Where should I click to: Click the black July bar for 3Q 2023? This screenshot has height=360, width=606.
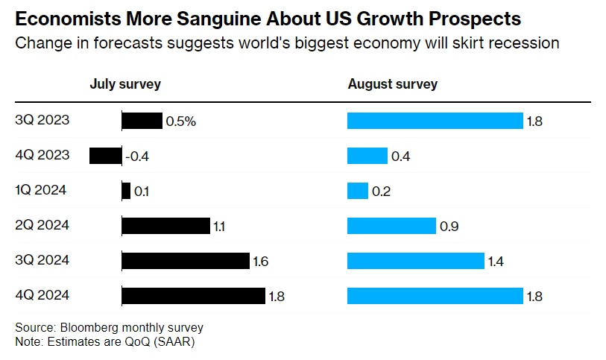click(142, 121)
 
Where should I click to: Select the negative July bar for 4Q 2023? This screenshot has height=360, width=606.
click(105, 156)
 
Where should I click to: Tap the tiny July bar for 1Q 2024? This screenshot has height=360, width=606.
click(126, 191)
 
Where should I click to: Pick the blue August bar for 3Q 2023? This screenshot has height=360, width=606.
click(435, 121)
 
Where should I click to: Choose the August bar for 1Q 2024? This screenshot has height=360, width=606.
click(358, 191)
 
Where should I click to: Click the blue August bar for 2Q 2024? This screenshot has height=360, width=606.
click(391, 226)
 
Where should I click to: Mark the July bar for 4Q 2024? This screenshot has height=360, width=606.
click(193, 296)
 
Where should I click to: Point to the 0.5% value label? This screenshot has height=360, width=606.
click(181, 121)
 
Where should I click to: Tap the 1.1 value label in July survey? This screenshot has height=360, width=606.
click(220, 227)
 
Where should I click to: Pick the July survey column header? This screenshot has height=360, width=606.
click(125, 84)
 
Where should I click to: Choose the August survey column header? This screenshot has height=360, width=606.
click(392, 84)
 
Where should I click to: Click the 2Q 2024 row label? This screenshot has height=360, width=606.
click(42, 225)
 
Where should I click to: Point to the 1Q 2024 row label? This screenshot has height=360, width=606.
click(40, 190)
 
